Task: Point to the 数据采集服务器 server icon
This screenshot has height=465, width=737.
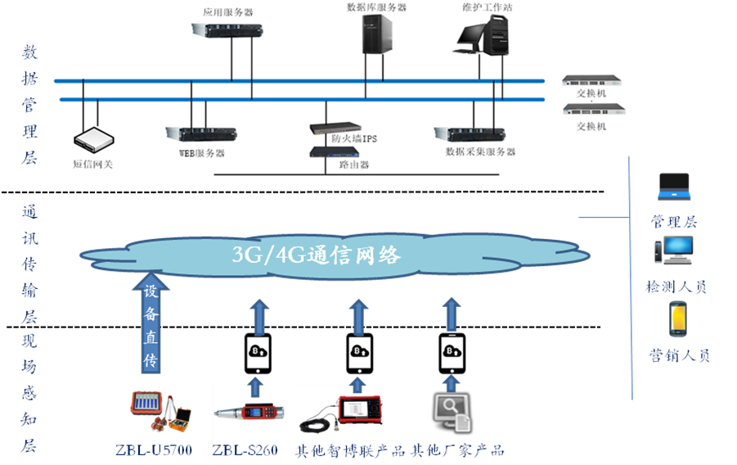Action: click(x=470, y=133)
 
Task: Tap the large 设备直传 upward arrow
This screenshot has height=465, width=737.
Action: click(x=151, y=323)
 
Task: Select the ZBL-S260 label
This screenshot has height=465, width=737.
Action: click(x=245, y=450)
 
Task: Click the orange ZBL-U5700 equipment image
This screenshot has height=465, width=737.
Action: click(x=161, y=410)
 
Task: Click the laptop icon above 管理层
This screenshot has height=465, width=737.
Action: click(x=674, y=187)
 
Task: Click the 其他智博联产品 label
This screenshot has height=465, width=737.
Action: click(x=349, y=450)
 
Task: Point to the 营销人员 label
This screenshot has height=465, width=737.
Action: click(x=679, y=355)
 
